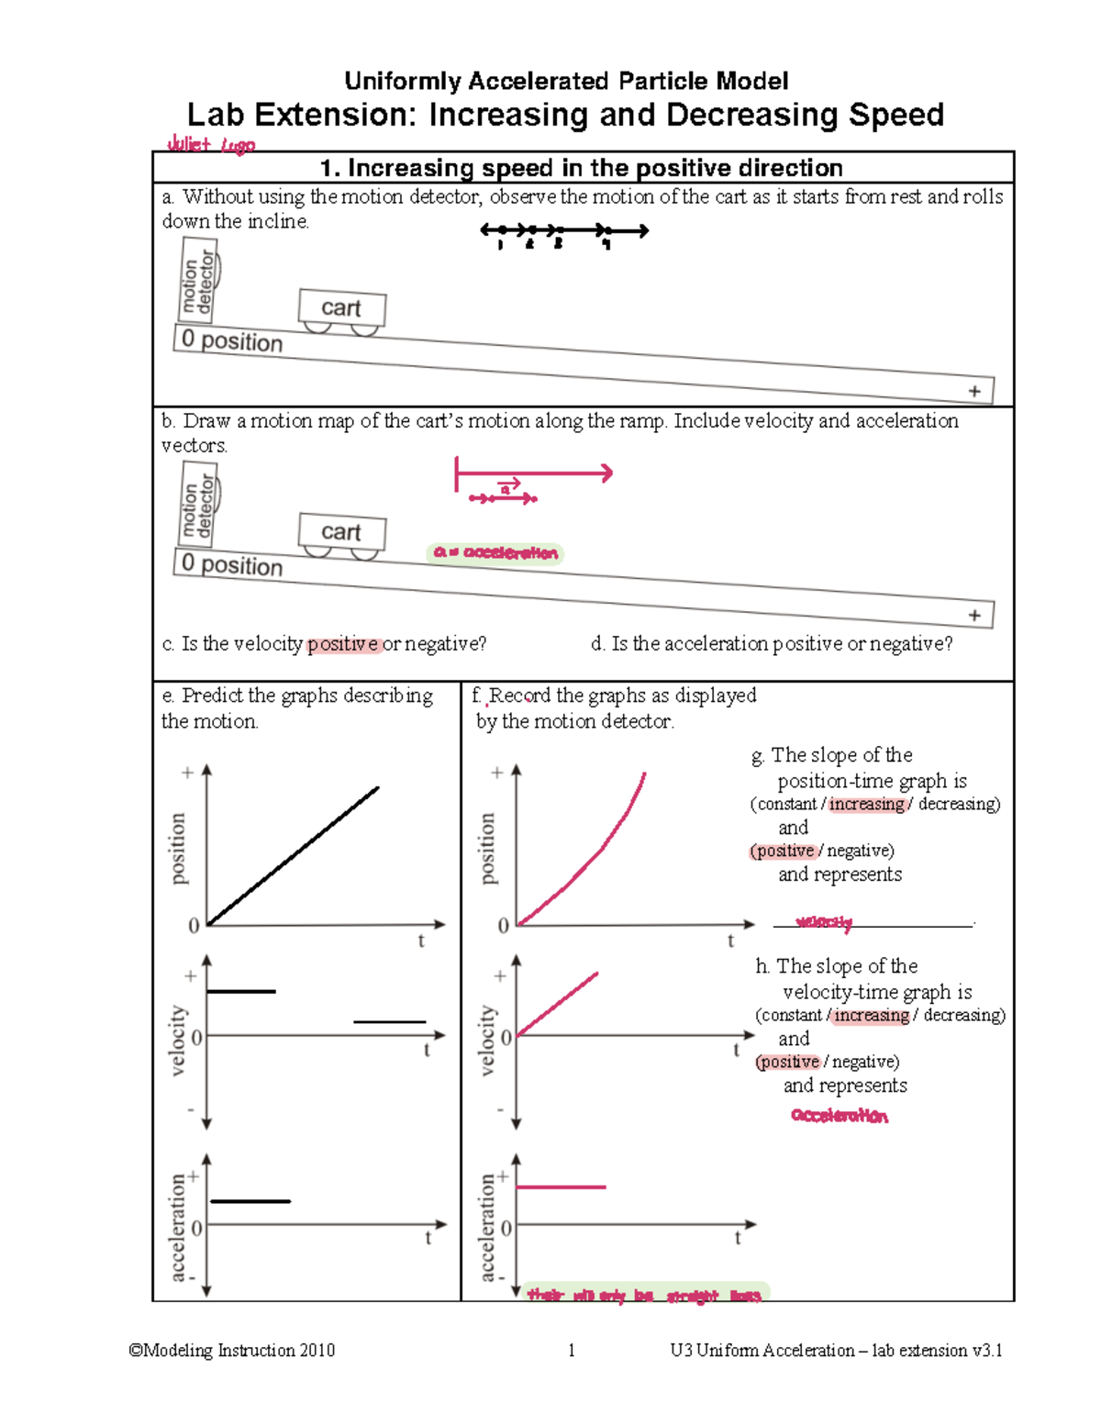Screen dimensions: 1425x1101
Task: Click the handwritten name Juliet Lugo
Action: pos(211,144)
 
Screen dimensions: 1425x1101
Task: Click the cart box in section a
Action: pos(342,308)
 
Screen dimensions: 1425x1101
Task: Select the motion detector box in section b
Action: pos(198,504)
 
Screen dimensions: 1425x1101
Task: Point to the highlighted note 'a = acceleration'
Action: pos(495,552)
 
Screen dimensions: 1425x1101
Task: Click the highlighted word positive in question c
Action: pos(343,644)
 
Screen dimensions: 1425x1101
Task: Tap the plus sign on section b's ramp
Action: pos(974,615)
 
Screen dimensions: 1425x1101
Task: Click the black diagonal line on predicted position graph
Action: pos(294,855)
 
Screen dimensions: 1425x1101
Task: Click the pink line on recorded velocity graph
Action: pos(557,1004)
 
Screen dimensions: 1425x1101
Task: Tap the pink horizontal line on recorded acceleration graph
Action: pos(561,1187)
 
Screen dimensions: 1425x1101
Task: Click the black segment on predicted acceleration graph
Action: pos(250,1201)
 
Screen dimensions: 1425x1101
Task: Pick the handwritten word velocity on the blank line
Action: pos(824,922)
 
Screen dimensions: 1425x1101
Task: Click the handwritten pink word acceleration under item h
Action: pos(840,1116)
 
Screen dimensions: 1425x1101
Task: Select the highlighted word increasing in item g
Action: pos(867,804)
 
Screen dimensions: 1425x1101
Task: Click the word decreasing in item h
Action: pos(962,1015)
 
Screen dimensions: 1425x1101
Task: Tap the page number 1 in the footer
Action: pos(572,1350)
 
